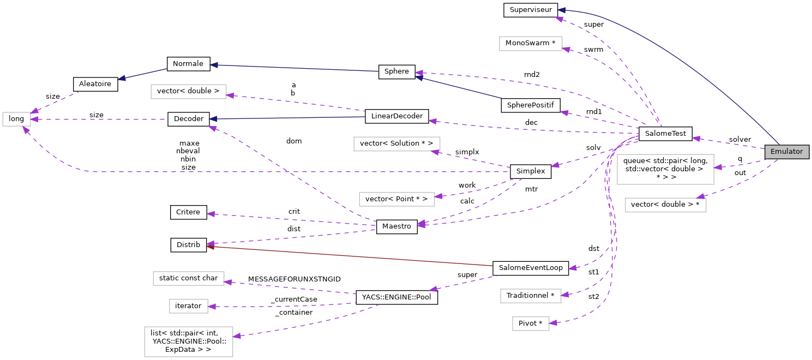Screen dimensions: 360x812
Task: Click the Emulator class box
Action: [786, 152]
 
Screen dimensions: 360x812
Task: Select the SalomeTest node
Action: [665, 134]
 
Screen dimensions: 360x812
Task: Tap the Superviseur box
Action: [530, 10]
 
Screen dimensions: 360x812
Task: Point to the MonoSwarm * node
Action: [530, 43]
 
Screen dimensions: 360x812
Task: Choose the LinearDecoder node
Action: [397, 116]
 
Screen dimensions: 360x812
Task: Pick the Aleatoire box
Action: [95, 84]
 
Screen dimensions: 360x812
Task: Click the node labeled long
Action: [16, 119]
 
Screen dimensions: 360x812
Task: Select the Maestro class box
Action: [396, 226]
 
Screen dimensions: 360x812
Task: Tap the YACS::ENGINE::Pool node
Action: [396, 297]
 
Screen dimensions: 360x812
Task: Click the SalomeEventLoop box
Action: [530, 268]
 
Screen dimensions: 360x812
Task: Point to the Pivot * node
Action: [530, 323]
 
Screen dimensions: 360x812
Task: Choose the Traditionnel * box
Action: [530, 296]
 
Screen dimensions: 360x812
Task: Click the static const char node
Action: [188, 278]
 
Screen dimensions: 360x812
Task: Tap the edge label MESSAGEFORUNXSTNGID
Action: [294, 279]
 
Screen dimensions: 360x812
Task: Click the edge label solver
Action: [739, 140]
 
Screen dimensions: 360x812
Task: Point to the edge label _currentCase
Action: [294, 299]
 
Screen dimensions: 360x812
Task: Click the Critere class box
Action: [188, 212]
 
